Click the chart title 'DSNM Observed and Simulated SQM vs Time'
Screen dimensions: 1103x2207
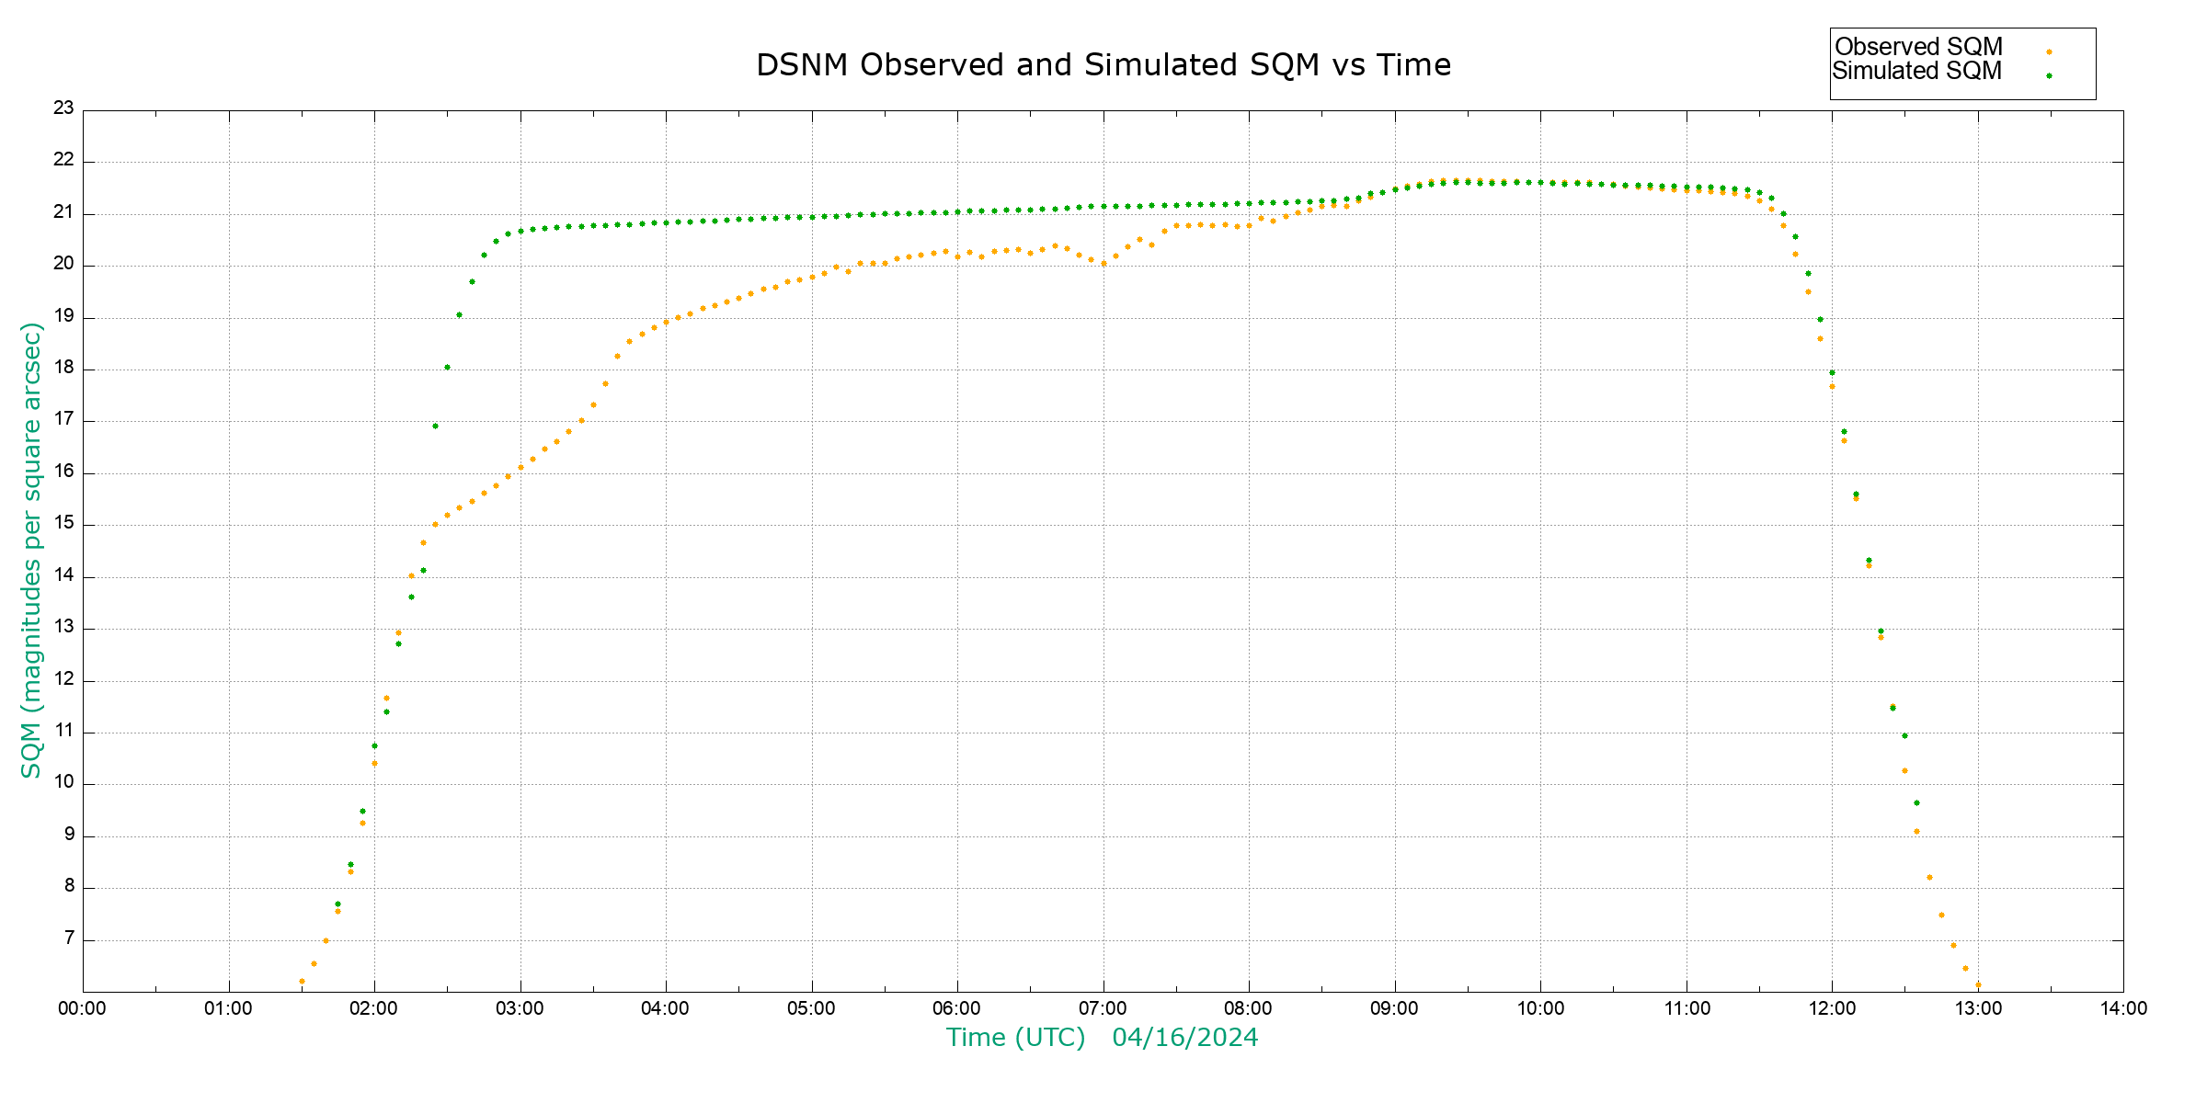point(1103,65)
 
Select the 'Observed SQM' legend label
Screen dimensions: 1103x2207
point(1918,47)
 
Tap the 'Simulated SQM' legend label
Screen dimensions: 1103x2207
point(1916,71)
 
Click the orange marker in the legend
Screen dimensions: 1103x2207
point(2049,52)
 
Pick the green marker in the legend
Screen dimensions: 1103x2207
point(2049,76)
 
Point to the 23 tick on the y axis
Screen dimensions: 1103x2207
point(63,108)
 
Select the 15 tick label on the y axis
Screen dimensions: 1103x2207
point(63,523)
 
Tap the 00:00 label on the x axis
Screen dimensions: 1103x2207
point(82,1008)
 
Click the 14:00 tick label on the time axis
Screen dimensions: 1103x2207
point(2123,1008)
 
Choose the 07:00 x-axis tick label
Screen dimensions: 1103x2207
point(1103,1008)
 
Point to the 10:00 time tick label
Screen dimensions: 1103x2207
point(1540,1008)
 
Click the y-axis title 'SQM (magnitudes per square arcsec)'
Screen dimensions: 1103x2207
point(31,550)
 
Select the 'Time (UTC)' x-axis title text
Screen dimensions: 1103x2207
point(1015,1038)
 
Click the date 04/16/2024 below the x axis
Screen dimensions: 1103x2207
point(1184,1038)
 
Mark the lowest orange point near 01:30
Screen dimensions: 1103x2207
point(302,982)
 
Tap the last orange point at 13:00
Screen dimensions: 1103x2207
point(1978,985)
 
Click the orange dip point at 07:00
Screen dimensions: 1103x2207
point(1103,264)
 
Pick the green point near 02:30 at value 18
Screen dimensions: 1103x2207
point(447,368)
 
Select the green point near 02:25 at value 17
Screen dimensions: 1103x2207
point(435,426)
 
